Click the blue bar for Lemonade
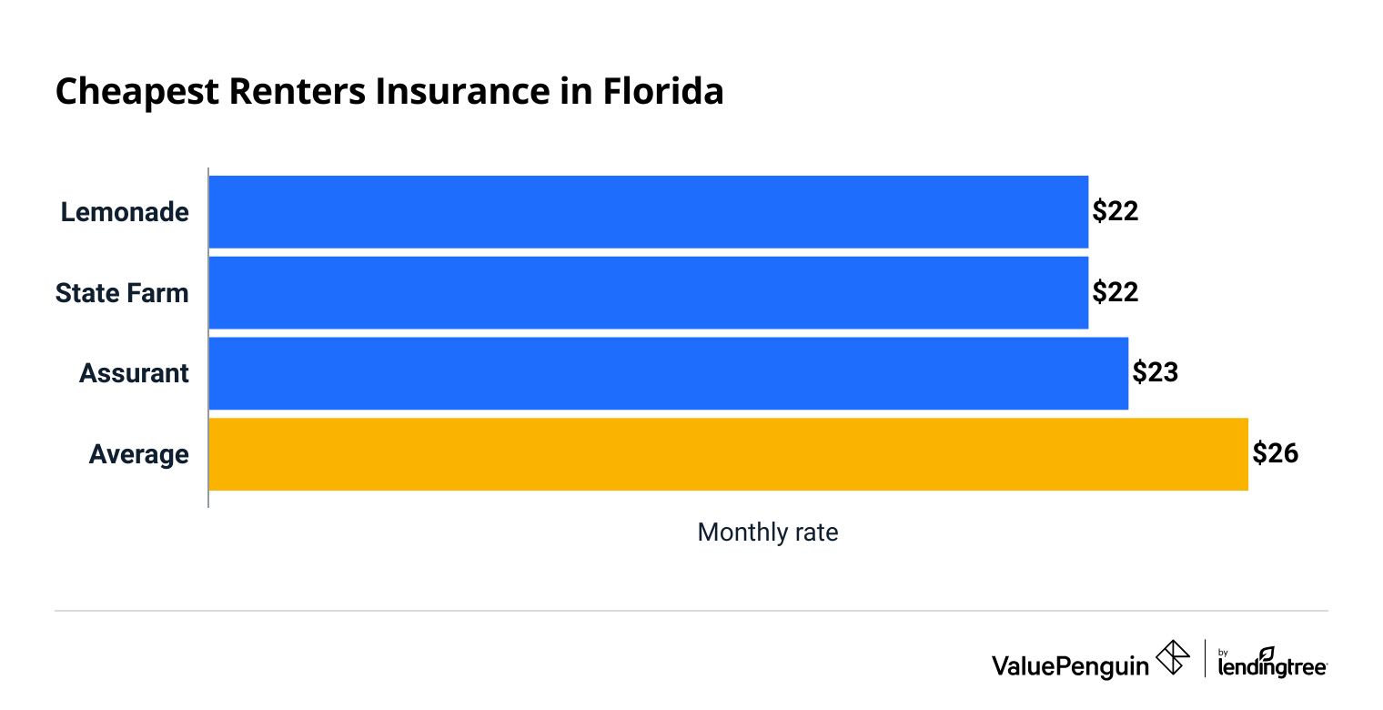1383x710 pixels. click(648, 211)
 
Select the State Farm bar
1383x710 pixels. click(648, 292)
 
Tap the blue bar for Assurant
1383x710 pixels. click(668, 373)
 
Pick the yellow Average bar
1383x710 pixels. click(728, 454)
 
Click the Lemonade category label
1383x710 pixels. click(125, 212)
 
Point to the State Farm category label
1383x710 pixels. click(122, 293)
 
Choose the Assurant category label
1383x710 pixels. click(134, 373)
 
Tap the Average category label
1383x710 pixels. click(138, 454)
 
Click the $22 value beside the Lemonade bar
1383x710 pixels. click(1115, 211)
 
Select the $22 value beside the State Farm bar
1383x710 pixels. click(1115, 292)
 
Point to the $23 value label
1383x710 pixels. click(1156, 373)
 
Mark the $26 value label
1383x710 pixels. click(1275, 453)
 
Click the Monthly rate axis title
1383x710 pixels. click(767, 532)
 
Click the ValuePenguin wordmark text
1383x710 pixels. click(1070, 665)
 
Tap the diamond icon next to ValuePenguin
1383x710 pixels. click(1173, 658)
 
